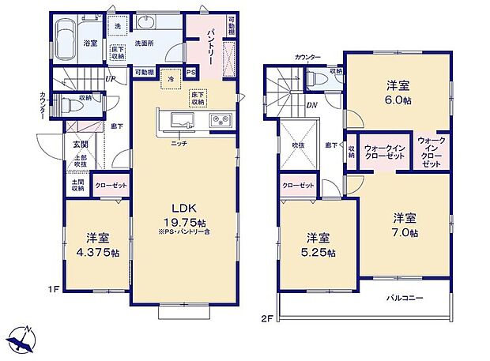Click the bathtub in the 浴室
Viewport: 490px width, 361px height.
click(x=65, y=33)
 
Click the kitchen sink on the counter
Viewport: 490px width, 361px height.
click(x=179, y=121)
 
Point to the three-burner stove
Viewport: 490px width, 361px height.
click(x=218, y=121)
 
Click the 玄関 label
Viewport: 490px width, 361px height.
click(x=81, y=145)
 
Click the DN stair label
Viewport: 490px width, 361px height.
click(x=313, y=103)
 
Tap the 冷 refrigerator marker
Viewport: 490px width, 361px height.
click(x=170, y=80)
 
